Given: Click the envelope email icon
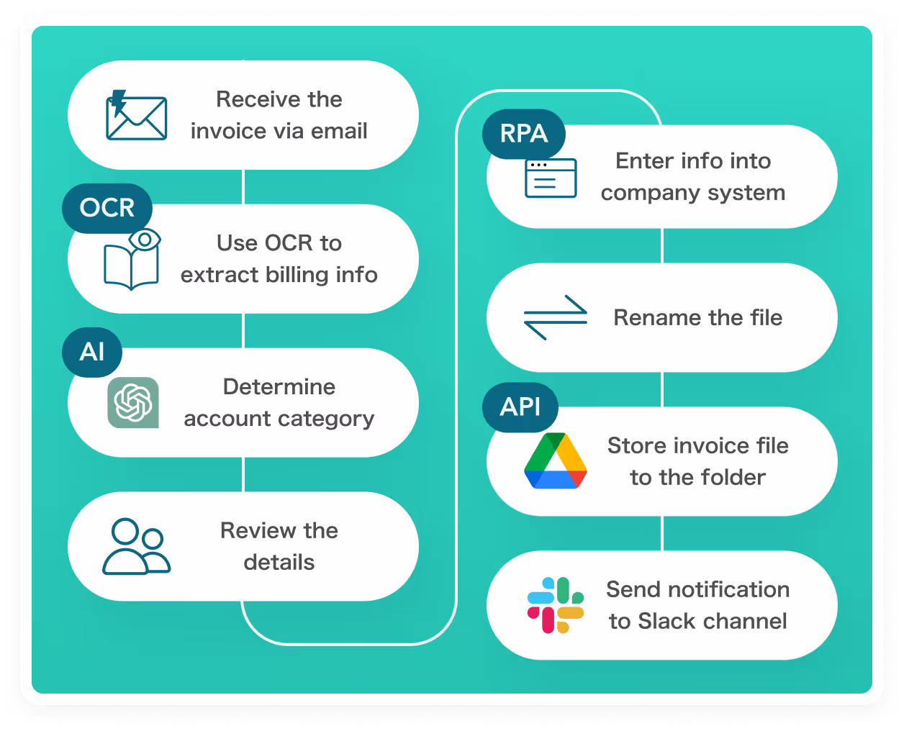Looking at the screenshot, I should click(136, 116).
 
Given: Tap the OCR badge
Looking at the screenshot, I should click(107, 208).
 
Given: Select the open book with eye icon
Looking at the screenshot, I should click(132, 260).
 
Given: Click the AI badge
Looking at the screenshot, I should click(92, 352).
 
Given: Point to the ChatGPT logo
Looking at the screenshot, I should click(133, 402).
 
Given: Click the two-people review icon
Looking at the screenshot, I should click(136, 547).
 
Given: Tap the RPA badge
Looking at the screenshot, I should click(524, 134).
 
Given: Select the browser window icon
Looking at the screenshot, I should click(551, 178).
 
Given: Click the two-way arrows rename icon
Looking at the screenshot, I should click(555, 317).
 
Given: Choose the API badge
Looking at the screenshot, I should click(520, 407).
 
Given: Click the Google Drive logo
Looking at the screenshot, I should click(555, 461).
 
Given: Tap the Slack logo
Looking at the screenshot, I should click(555, 605).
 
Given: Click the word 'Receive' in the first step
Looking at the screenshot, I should click(248, 99).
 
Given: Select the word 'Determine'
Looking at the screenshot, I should click(279, 387).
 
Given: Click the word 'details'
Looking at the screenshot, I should click(279, 563).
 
